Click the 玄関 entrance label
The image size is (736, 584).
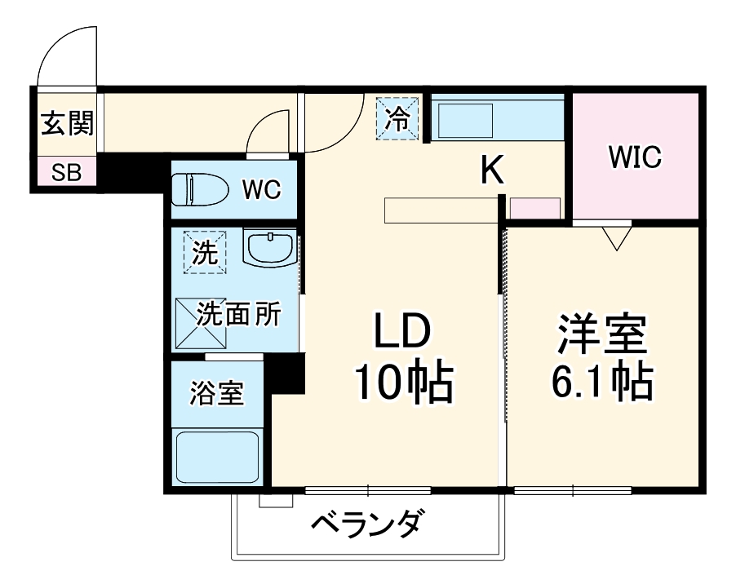[x=67, y=124]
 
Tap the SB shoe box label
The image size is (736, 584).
[x=66, y=173]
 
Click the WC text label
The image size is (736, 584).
[x=260, y=191]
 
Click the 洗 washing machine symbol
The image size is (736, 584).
[x=205, y=252]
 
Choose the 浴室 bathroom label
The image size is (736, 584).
[x=216, y=393]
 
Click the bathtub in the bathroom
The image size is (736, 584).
[x=219, y=457]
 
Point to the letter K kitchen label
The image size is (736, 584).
[x=490, y=170]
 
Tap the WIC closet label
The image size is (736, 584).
[x=634, y=157]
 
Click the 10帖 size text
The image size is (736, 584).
[x=401, y=382]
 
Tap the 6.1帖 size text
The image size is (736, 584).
[x=602, y=380]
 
